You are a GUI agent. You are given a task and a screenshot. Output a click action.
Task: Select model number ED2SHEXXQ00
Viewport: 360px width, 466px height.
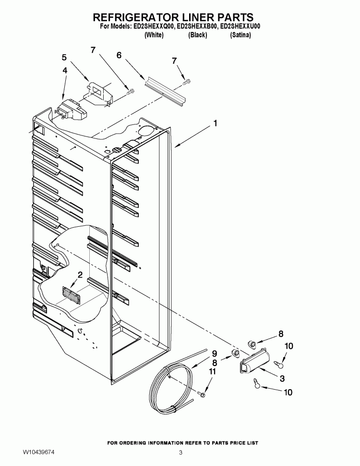pos(154,27)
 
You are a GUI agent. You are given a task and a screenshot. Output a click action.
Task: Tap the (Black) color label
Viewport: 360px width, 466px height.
pos(197,36)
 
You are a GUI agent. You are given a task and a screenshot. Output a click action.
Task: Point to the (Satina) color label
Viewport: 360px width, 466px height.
pos(240,36)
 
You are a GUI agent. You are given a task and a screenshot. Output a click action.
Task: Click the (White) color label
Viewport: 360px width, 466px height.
pos(154,36)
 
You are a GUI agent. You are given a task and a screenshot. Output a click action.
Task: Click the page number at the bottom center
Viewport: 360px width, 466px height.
pos(180,453)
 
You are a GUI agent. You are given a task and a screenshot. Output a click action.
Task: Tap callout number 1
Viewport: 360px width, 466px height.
pos(216,123)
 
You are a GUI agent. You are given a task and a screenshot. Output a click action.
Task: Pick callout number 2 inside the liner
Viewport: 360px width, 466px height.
pos(80,275)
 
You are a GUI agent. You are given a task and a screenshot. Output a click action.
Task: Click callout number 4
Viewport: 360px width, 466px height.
pos(64,70)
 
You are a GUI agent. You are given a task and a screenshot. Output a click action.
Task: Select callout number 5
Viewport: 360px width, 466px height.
pos(64,58)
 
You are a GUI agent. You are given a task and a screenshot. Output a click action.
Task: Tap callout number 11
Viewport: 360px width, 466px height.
pos(212,371)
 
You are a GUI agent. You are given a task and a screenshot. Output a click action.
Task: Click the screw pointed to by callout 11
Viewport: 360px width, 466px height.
pos(202,395)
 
